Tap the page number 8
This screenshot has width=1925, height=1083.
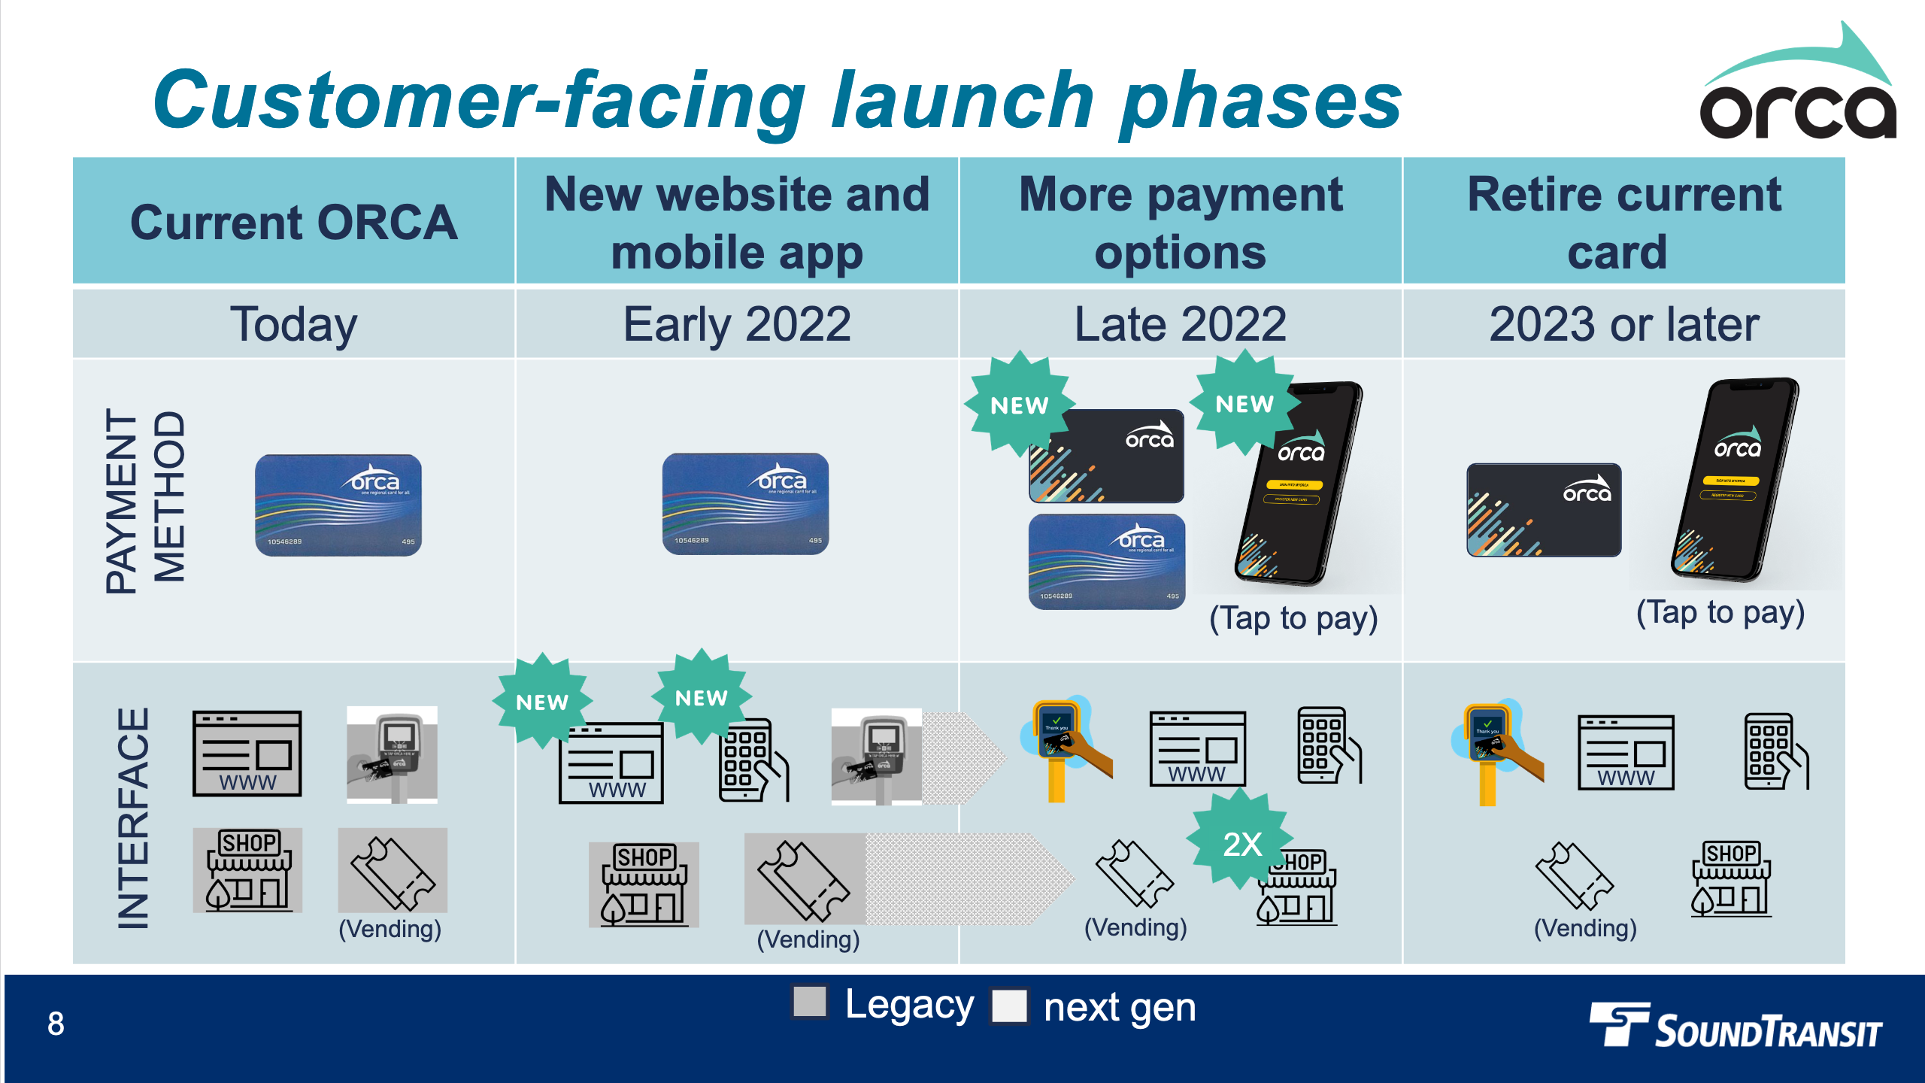coord(56,1024)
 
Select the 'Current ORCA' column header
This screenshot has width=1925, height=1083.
coord(293,222)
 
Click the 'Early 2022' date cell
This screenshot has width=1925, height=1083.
coord(737,324)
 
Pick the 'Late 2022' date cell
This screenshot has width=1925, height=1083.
coord(1181,324)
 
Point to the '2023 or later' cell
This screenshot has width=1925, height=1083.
coord(1624,324)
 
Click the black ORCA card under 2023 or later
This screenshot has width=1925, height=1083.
coord(1544,510)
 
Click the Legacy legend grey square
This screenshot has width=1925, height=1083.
coord(810,1002)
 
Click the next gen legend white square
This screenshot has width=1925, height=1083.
coord(1009,1006)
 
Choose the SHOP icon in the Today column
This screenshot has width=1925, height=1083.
coord(248,869)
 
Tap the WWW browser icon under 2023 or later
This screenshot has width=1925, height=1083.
coord(1626,752)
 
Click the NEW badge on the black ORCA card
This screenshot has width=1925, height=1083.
coord(1020,405)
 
